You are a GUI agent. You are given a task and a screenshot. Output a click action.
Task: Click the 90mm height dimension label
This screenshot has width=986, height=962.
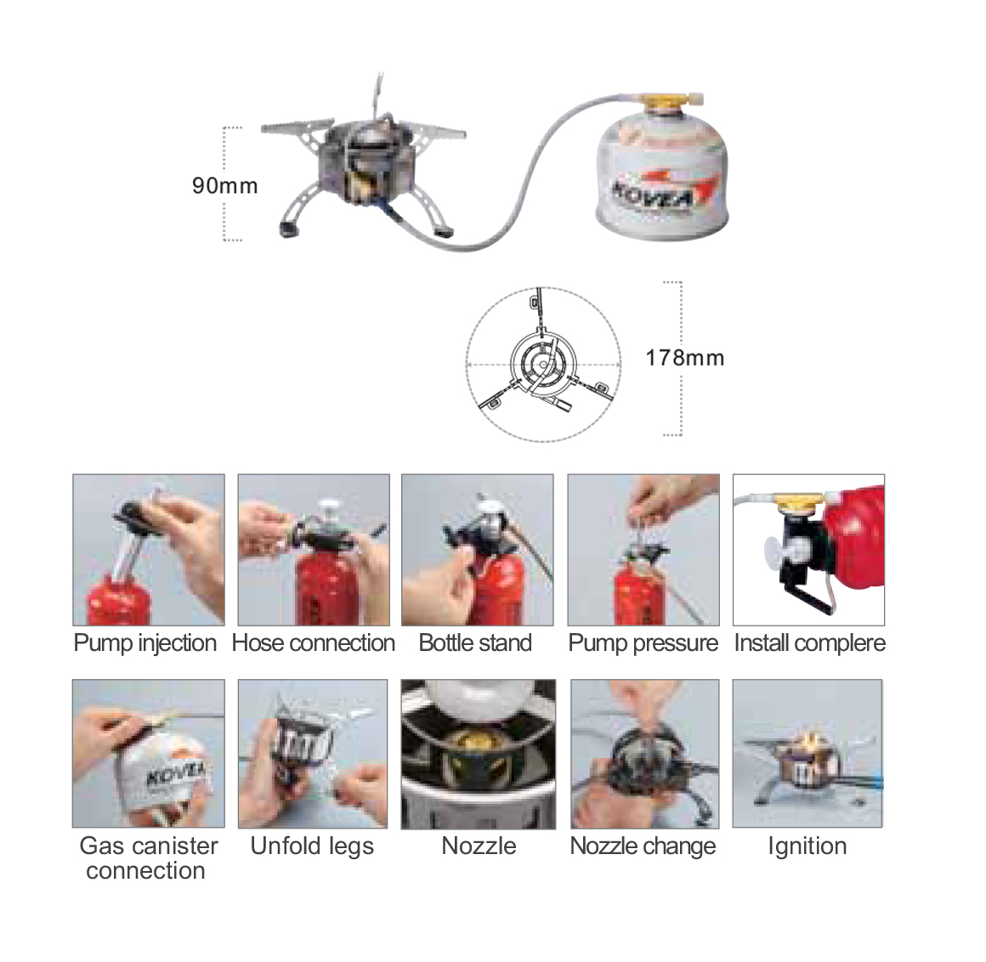(224, 185)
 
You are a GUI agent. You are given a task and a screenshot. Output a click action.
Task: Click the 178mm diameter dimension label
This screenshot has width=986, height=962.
(685, 358)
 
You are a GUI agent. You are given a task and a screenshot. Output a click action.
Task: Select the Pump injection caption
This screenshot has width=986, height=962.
(145, 643)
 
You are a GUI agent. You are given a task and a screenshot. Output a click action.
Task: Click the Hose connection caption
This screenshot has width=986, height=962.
(313, 643)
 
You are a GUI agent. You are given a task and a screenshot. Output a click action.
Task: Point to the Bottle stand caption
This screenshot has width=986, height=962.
(475, 643)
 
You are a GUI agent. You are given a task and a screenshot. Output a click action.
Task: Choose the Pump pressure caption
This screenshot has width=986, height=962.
(643, 643)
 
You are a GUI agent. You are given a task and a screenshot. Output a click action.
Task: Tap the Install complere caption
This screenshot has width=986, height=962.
(810, 643)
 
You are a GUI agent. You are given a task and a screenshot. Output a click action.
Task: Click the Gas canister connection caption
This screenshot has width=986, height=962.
(148, 858)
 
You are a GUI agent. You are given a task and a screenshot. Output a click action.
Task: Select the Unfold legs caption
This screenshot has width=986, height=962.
(312, 846)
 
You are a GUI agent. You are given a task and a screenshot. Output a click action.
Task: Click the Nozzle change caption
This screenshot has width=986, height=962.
(643, 846)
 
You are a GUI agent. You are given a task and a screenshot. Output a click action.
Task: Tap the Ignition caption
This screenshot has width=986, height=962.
(807, 846)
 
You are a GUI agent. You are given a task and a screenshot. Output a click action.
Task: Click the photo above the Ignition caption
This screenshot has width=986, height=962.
(807, 753)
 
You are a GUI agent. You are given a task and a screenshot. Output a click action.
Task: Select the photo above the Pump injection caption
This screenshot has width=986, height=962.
(149, 550)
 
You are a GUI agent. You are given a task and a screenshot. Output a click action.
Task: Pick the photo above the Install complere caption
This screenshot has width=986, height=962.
(808, 550)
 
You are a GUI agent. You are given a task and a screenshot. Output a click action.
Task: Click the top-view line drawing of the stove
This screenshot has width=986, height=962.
(543, 365)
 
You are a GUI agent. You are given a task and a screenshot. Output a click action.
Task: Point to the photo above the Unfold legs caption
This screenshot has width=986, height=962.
(313, 753)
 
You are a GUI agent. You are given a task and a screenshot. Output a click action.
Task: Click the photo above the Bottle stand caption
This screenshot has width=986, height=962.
(478, 550)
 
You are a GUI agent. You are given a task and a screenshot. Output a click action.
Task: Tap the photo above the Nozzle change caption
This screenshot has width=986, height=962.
(644, 753)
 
